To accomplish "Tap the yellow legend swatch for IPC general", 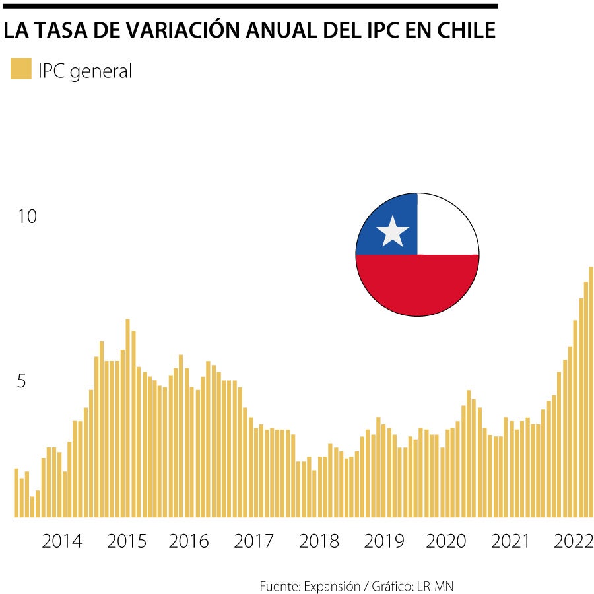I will point(20,69).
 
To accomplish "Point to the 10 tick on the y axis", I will point(27,216).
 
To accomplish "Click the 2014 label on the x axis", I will point(62,541).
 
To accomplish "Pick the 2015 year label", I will point(127,541).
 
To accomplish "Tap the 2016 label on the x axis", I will point(189,541).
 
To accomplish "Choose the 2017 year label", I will point(253,541).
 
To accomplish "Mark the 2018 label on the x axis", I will point(319,541).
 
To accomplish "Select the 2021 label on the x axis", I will point(510,541).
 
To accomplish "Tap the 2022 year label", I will point(574,541).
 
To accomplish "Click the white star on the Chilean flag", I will point(393,232).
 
